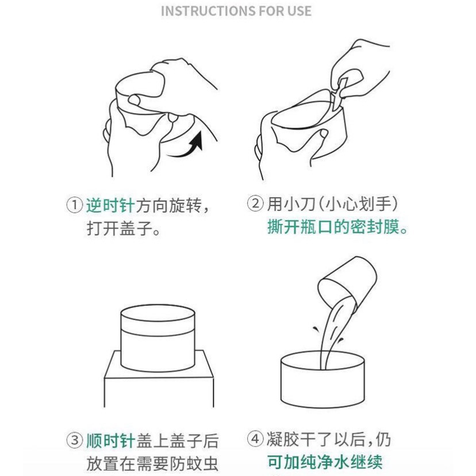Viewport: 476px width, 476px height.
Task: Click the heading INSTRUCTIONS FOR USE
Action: [x=236, y=11]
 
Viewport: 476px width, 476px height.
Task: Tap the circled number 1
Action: [x=74, y=205]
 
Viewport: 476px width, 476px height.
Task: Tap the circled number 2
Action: [x=255, y=203]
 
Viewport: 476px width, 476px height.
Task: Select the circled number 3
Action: [x=74, y=440]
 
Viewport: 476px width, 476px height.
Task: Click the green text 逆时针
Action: [x=110, y=205]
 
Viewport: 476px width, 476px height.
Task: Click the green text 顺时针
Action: [x=110, y=441]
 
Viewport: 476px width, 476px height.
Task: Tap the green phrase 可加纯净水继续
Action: [x=325, y=462]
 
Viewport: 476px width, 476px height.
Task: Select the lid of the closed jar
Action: [x=158, y=321]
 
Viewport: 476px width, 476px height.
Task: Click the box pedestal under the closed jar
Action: [x=159, y=379]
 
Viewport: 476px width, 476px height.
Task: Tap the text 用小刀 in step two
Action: [x=291, y=204]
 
